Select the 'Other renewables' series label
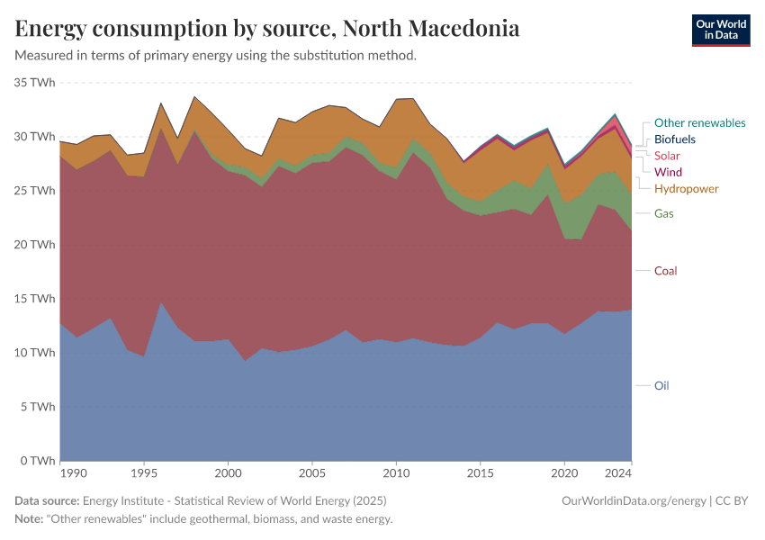(x=699, y=123)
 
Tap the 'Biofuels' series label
(x=675, y=139)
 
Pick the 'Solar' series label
(x=667, y=156)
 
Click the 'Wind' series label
(x=668, y=172)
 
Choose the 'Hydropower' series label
(x=686, y=188)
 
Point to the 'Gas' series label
(x=664, y=213)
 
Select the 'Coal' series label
(x=666, y=271)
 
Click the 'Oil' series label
(x=661, y=385)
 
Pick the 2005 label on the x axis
(x=312, y=472)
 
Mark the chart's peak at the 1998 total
(x=195, y=97)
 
